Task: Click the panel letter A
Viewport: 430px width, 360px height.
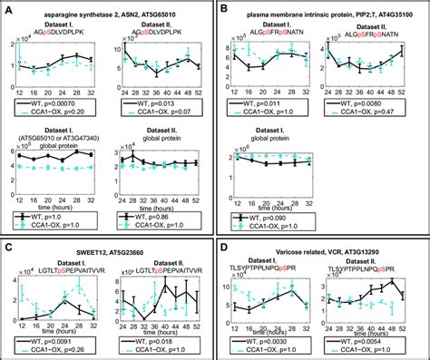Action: (8, 9)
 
